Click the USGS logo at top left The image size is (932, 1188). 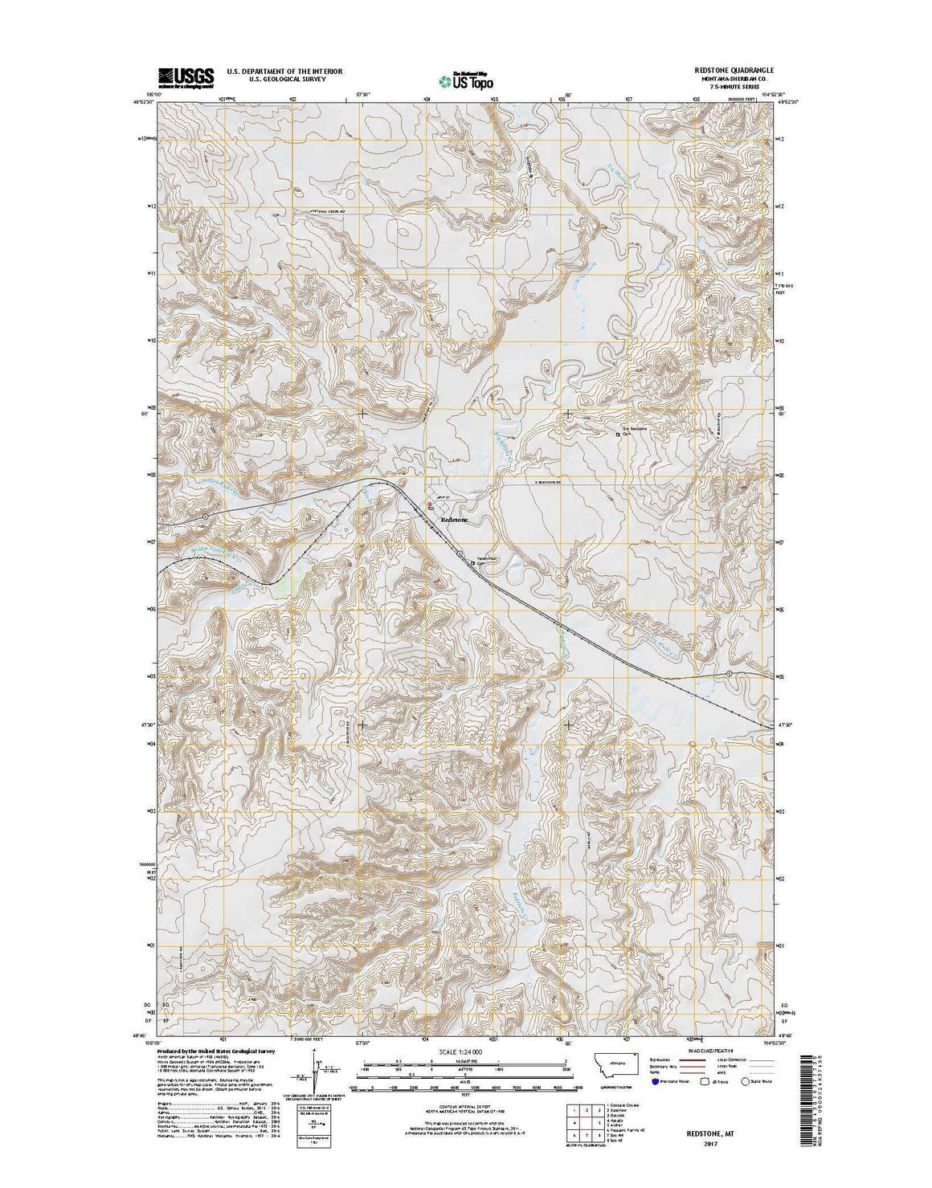click(x=186, y=77)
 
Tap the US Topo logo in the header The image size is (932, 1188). click(x=466, y=80)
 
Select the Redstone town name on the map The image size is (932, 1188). click(x=455, y=520)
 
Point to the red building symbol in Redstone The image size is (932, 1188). click(x=430, y=506)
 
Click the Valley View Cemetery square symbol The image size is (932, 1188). click(x=472, y=564)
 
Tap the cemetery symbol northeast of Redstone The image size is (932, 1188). click(x=618, y=435)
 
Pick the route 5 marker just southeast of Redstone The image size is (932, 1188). click(x=459, y=553)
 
